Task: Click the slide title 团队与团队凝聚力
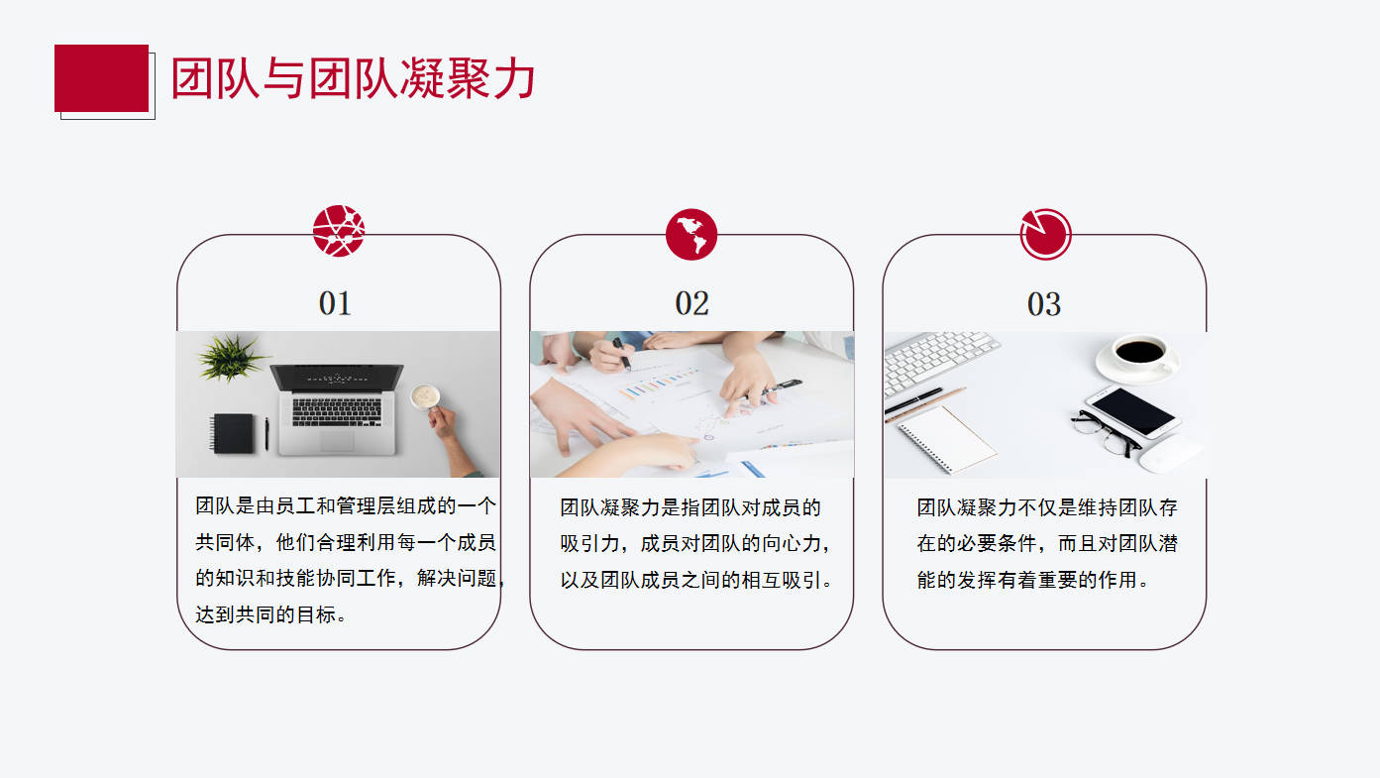(x=353, y=78)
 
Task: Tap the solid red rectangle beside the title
(x=102, y=78)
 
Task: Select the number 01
(x=335, y=303)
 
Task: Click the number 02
(x=691, y=303)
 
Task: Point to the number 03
(x=1044, y=304)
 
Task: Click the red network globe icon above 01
(x=338, y=231)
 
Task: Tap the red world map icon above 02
(x=691, y=234)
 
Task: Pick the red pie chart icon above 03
(x=1045, y=234)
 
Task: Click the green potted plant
(x=229, y=358)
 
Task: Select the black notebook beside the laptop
(x=233, y=433)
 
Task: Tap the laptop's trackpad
(x=337, y=440)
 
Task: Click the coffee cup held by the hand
(x=426, y=396)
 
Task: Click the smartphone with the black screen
(x=1133, y=412)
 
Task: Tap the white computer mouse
(x=1169, y=454)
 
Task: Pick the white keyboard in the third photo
(x=935, y=361)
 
